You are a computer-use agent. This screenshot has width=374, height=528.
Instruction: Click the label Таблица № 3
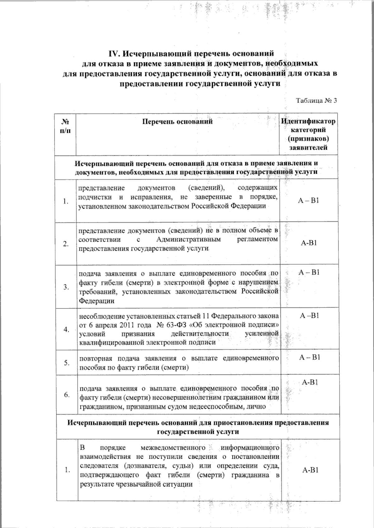(x=316, y=101)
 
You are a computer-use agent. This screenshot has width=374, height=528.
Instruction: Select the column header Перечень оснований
(x=177, y=121)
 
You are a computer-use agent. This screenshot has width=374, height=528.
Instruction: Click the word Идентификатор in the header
(x=308, y=121)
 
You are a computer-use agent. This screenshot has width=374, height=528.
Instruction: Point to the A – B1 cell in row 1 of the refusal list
(x=308, y=200)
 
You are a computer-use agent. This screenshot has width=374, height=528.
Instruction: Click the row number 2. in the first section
(x=65, y=244)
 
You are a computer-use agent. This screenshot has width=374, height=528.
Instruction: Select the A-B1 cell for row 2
(x=309, y=243)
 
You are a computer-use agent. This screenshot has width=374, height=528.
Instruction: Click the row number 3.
(x=66, y=287)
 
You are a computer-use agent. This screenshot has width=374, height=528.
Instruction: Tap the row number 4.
(x=66, y=330)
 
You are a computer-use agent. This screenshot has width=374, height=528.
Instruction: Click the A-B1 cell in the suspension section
(x=310, y=470)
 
